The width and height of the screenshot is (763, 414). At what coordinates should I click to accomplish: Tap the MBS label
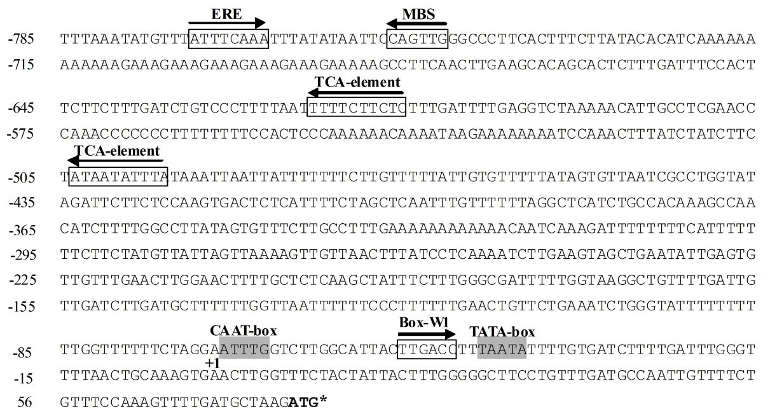(x=418, y=13)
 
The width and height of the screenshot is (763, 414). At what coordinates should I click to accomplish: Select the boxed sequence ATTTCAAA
(x=229, y=39)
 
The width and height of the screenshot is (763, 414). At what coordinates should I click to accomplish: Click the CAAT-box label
(x=244, y=331)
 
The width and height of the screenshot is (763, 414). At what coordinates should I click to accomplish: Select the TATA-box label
(x=502, y=331)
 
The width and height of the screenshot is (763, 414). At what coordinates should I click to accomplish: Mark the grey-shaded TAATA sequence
(x=502, y=348)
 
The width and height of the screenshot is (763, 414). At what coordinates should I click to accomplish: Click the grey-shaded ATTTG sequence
(x=244, y=348)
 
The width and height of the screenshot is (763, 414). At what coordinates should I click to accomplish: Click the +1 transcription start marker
(x=212, y=362)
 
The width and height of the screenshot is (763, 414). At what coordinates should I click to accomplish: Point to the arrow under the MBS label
(x=417, y=24)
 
